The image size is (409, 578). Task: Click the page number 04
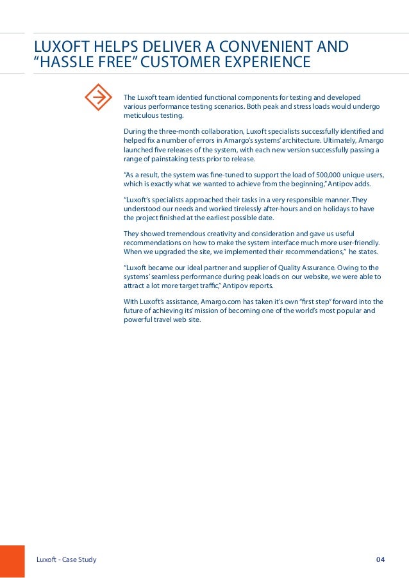click(380, 560)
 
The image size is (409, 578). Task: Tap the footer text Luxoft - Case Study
click(67, 560)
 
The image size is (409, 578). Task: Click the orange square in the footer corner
click(12, 561)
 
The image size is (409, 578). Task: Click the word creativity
click(217, 234)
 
